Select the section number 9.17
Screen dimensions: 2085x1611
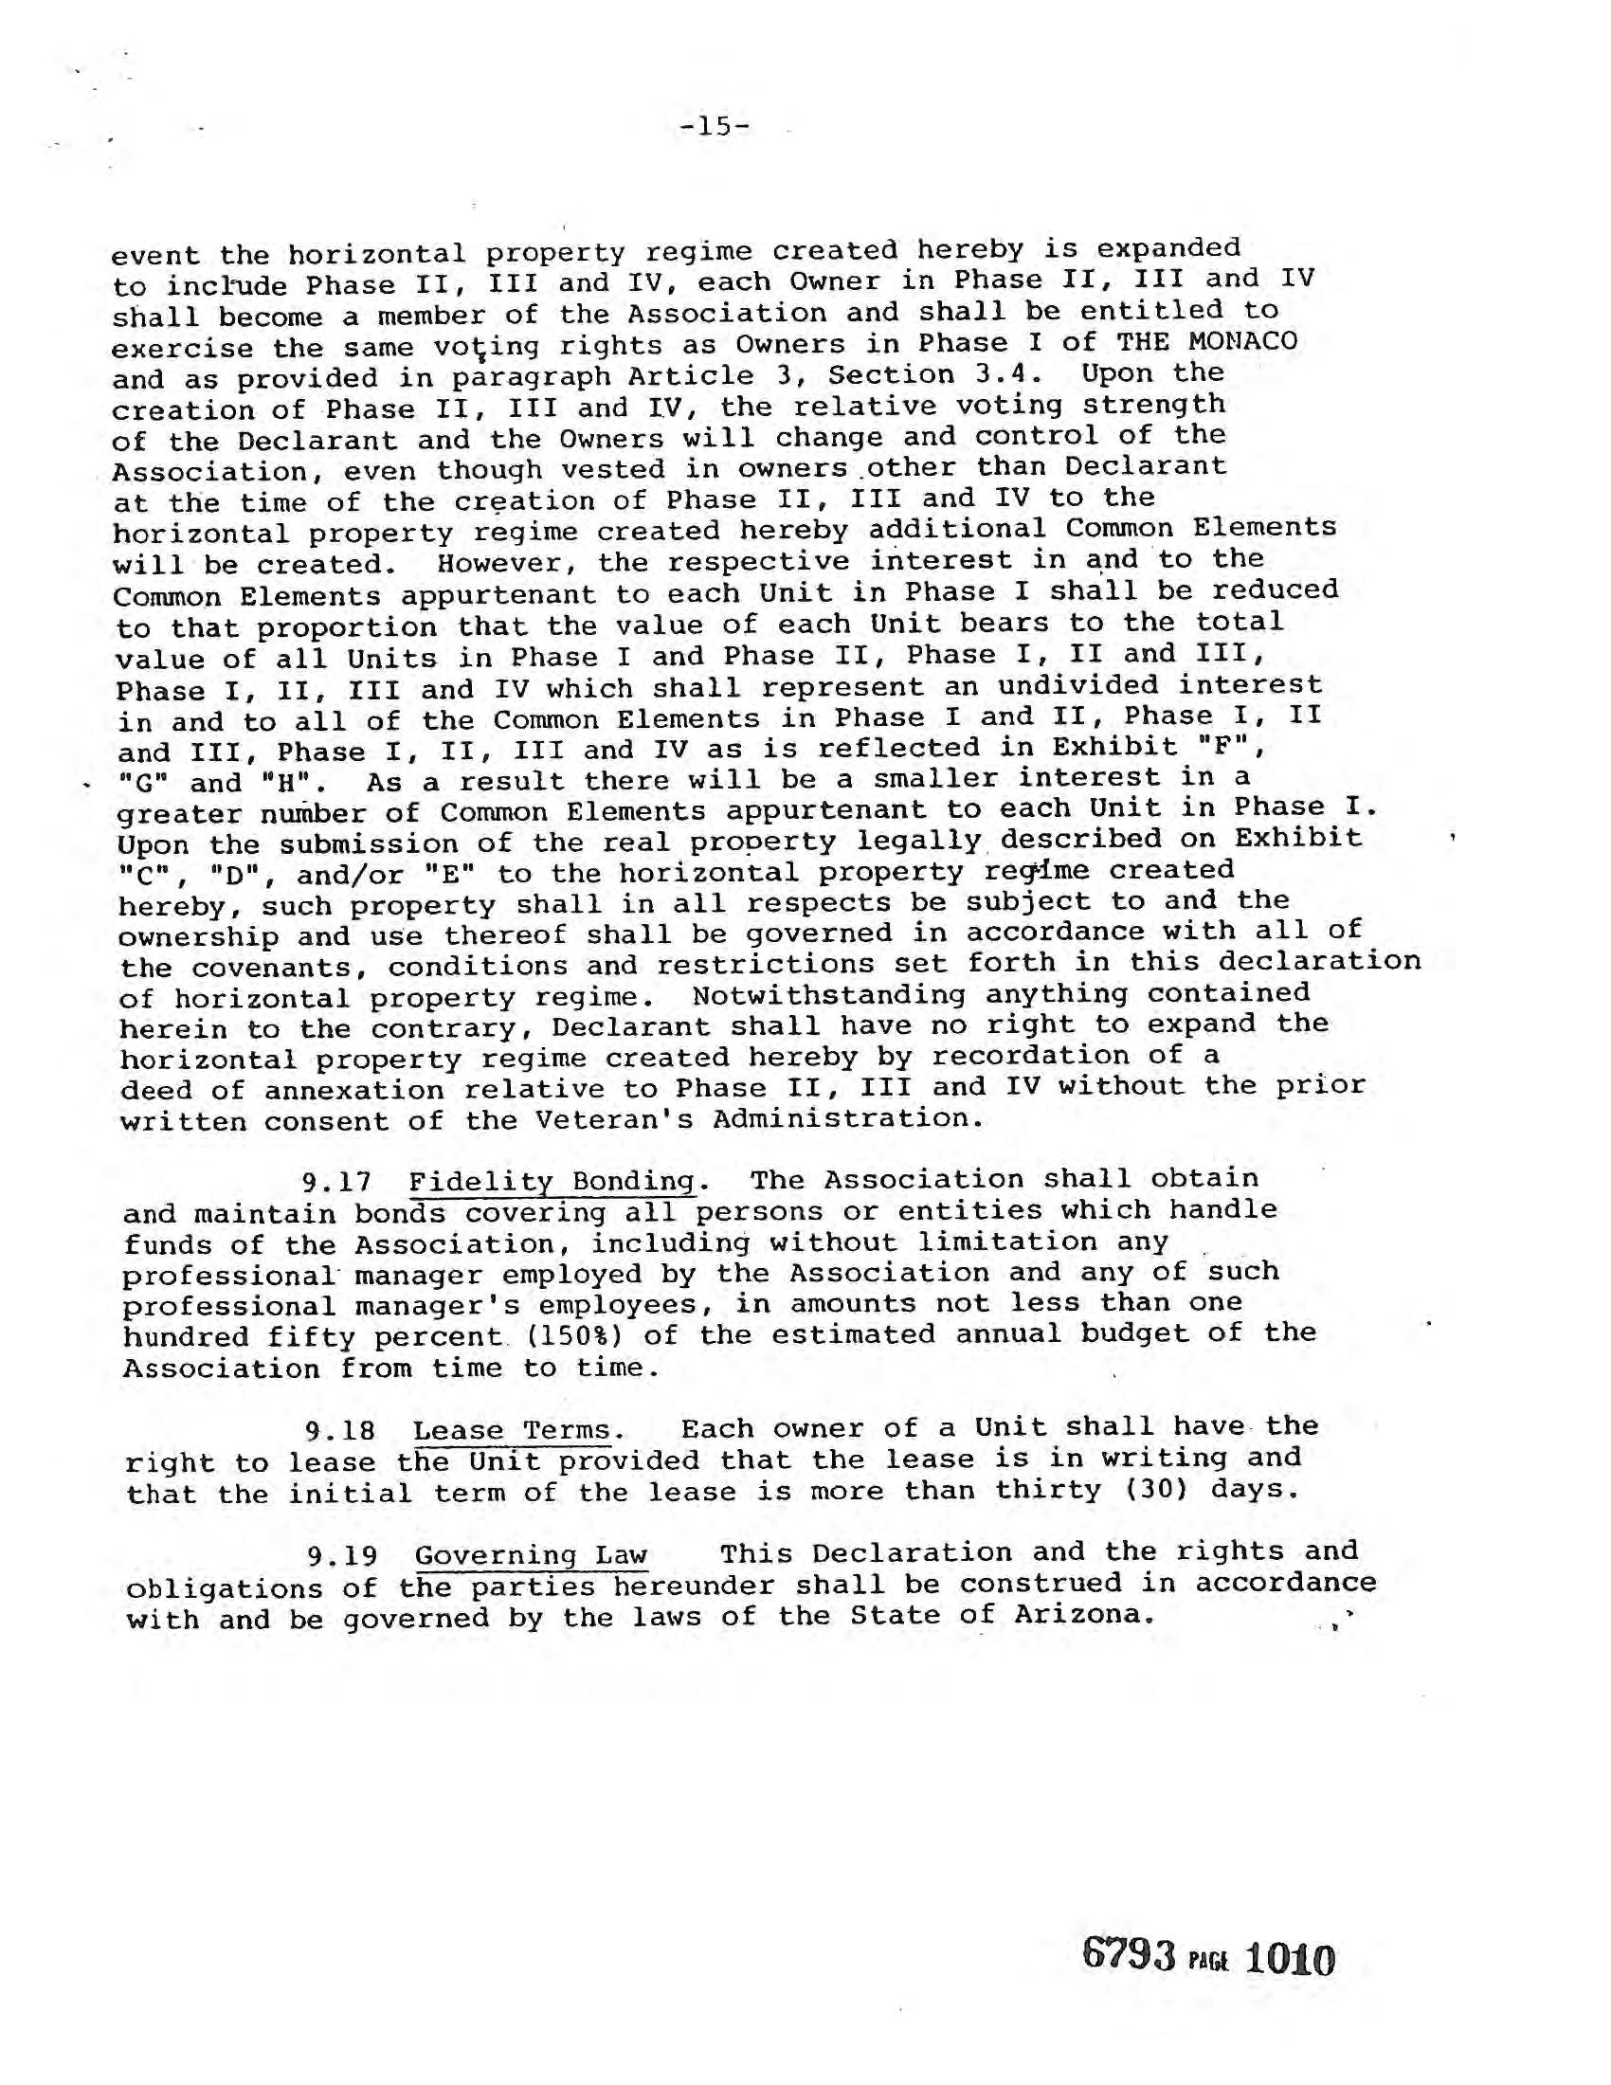click(x=336, y=1183)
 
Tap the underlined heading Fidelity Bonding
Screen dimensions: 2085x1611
click(x=552, y=1181)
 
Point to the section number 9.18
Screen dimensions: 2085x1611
click(x=339, y=1432)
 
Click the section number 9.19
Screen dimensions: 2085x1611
click(x=341, y=1557)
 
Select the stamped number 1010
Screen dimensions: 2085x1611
click(x=1290, y=1959)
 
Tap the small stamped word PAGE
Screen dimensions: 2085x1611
click(x=1208, y=1963)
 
